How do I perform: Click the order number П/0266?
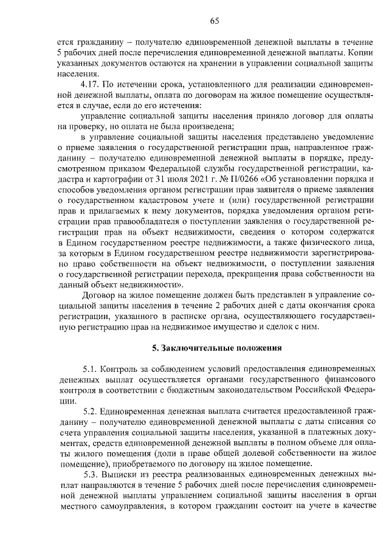pos(246,180)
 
